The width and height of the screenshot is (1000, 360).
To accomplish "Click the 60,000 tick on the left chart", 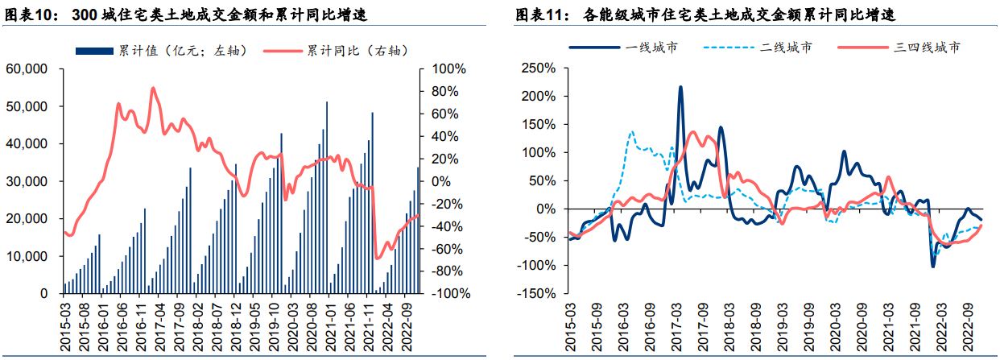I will [x=27, y=68].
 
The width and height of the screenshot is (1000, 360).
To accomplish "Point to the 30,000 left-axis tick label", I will [x=27, y=181].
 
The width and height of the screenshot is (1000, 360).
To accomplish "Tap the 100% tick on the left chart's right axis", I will [x=448, y=68].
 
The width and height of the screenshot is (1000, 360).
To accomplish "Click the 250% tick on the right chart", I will [x=540, y=68].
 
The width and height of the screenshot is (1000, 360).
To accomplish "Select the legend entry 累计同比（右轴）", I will [x=355, y=50].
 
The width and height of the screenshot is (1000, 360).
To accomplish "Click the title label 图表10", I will [x=31, y=15].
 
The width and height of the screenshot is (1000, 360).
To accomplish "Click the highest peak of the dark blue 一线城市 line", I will [x=680, y=87].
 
